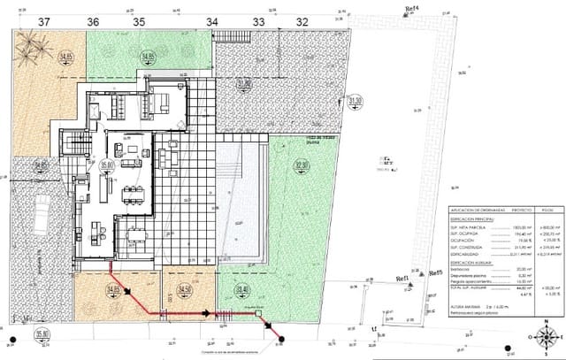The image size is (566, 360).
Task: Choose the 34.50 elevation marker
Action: click(x=185, y=289)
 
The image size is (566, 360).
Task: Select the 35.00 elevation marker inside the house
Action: click(x=109, y=165)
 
